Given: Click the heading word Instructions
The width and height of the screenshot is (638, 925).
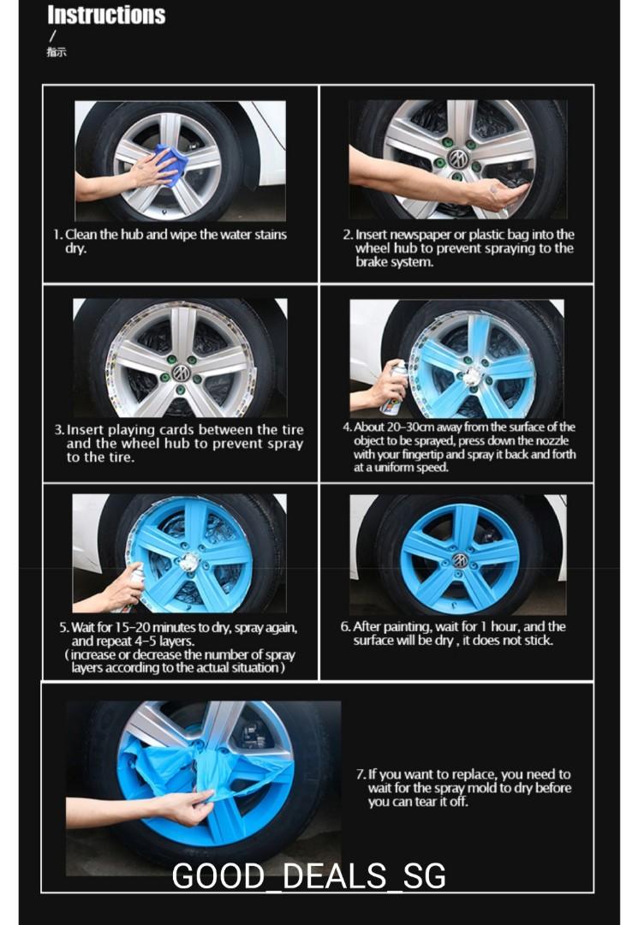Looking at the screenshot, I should [106, 15].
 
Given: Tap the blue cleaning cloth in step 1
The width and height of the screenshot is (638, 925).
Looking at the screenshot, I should [170, 164].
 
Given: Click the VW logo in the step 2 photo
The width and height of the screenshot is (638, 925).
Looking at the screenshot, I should [458, 158].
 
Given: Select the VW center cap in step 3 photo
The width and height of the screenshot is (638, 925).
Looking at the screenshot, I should [181, 373].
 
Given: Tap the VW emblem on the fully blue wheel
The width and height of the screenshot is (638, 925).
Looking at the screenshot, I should [460, 559].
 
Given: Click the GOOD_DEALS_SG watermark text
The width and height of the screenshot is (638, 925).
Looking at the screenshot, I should [308, 876].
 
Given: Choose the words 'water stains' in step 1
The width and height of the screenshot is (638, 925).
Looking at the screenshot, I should [248, 235].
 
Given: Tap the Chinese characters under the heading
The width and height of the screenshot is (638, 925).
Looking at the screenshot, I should [57, 52].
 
